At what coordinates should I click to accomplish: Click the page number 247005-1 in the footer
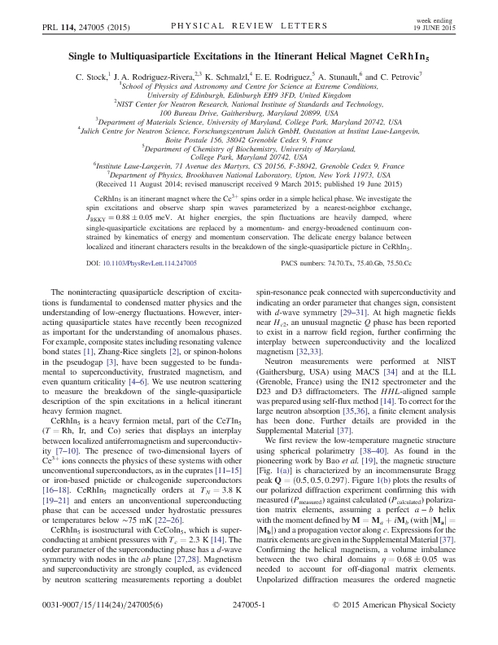click(x=249, y=629)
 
